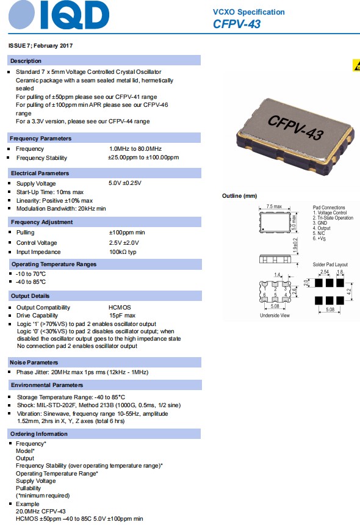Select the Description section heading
[26, 61]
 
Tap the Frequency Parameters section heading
[40, 139]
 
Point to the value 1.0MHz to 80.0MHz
[135, 149]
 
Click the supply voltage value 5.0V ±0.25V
[124, 183]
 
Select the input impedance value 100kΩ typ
[123, 252]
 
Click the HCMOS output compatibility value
[120, 307]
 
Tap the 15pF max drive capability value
[121, 315]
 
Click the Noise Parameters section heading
[34, 363]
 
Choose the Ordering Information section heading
[39, 433]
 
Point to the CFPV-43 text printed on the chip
[295, 126]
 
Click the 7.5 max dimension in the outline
[274, 208]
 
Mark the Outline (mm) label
[239, 196]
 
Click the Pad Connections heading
[329, 208]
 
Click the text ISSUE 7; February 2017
[40, 46]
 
